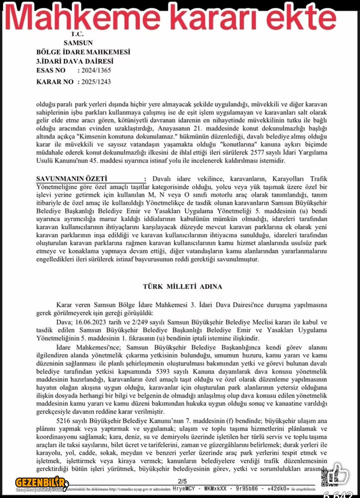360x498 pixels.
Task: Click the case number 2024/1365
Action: tap(96, 71)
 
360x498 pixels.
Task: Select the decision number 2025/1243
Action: tap(96, 82)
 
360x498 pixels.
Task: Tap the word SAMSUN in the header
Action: tap(78, 43)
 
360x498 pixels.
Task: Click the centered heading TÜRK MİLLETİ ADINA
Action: tap(183, 287)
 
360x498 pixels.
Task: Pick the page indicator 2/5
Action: tap(182, 481)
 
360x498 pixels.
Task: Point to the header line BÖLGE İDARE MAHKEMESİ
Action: tap(83, 52)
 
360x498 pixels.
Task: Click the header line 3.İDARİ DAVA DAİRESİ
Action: tap(75, 62)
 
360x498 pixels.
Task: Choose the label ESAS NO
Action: tap(51, 71)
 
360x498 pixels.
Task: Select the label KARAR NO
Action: tap(55, 82)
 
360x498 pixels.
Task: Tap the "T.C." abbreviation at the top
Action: tap(77, 34)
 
